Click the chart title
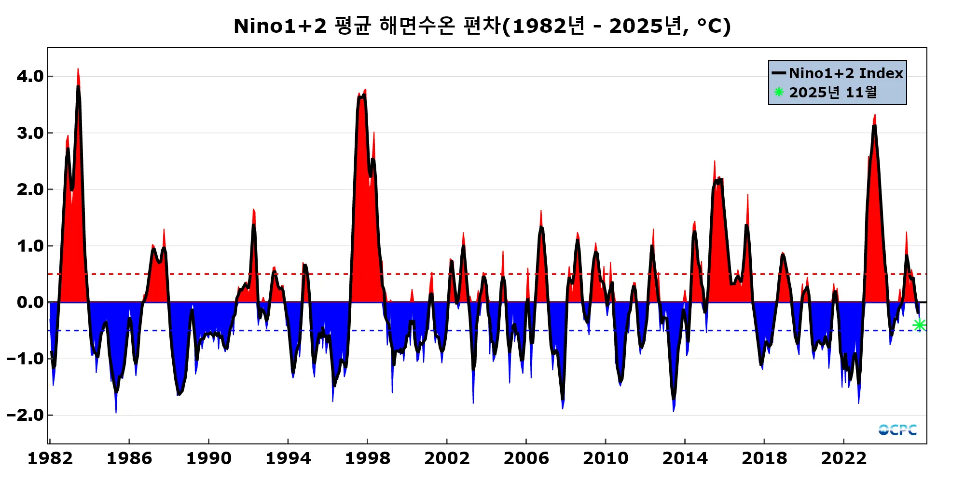click(482, 26)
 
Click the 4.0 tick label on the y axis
click(30, 76)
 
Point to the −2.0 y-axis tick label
click(26, 415)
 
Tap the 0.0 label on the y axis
click(30, 302)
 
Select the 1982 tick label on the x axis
click(50, 458)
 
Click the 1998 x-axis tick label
click(367, 458)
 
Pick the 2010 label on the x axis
click(606, 458)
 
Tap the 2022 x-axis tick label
click(843, 458)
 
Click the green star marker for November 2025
click(919, 325)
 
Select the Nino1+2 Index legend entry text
click(846, 73)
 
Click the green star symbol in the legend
click(779, 92)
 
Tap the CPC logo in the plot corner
click(897, 429)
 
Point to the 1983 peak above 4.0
click(78, 69)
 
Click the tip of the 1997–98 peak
click(365, 90)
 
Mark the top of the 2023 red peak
click(875, 115)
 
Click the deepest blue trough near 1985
click(116, 412)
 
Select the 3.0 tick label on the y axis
click(30, 133)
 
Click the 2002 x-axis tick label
click(447, 458)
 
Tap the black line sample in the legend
click(779, 73)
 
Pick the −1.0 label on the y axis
click(26, 359)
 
